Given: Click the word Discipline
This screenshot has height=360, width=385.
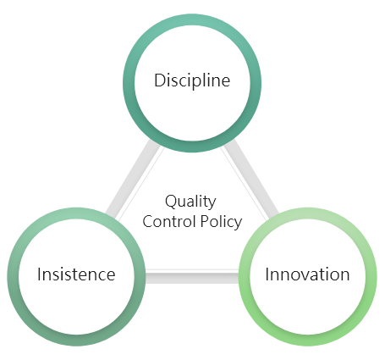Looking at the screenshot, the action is pyautogui.click(x=192, y=80).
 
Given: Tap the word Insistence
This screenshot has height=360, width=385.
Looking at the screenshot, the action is pyautogui.click(x=76, y=274).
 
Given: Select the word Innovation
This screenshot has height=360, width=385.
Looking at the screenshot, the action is pyautogui.click(x=307, y=274).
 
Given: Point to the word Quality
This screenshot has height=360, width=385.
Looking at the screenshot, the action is pyautogui.click(x=190, y=202).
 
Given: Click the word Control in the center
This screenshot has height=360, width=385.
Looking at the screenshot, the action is pyautogui.click(x=169, y=221).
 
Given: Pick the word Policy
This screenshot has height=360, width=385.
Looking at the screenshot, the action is pyautogui.click(x=221, y=222).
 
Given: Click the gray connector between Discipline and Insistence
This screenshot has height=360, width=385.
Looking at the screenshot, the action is pyautogui.click(x=133, y=179).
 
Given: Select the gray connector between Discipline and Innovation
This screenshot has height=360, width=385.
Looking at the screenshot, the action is pyautogui.click(x=251, y=179).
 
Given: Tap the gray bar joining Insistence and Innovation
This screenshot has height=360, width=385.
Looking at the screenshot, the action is pyautogui.click(x=192, y=277).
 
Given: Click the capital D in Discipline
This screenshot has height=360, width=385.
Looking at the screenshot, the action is pyautogui.click(x=159, y=80).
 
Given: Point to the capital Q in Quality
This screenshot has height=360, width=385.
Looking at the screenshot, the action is pyautogui.click(x=172, y=202).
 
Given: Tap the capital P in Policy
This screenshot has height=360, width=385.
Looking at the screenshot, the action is pyautogui.click(x=205, y=221).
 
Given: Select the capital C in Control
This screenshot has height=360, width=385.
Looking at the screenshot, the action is pyautogui.click(x=148, y=221).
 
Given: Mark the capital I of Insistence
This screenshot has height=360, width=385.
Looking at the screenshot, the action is pyautogui.click(x=40, y=274).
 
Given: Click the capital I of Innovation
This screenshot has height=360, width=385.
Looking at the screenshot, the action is pyautogui.click(x=267, y=274).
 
